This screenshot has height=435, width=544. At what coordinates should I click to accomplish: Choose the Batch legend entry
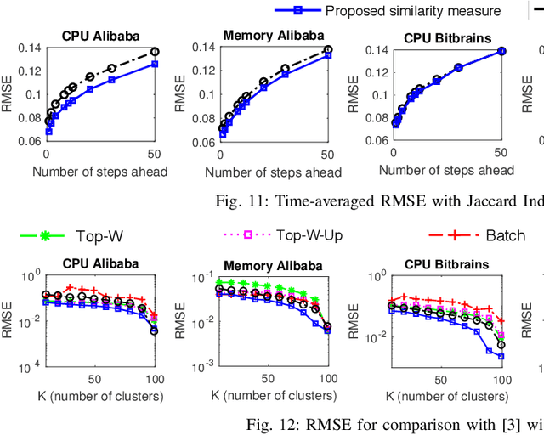pyautogui.click(x=505, y=234)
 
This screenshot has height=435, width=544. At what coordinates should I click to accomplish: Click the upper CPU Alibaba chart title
pyautogui.click(x=101, y=36)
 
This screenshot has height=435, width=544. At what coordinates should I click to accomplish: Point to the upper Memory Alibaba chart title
pyautogui.click(x=273, y=36)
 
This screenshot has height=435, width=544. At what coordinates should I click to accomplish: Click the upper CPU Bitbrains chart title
pyautogui.click(x=446, y=36)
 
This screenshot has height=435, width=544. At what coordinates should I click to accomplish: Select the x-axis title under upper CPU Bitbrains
pyautogui.click(x=446, y=171)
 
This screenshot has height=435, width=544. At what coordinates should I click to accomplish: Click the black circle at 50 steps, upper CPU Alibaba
pyautogui.click(x=154, y=52)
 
